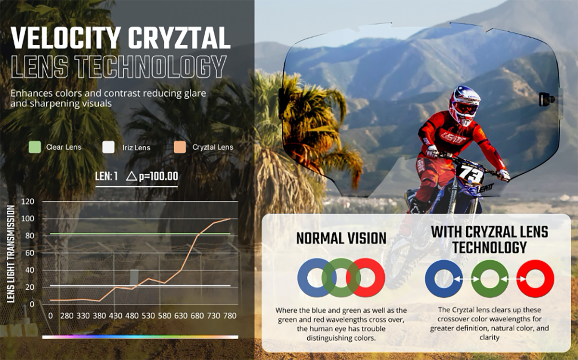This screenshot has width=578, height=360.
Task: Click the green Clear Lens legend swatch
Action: [x=35, y=147]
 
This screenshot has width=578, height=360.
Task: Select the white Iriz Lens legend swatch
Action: [x=108, y=147]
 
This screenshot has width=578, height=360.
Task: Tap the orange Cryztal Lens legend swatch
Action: [x=180, y=147]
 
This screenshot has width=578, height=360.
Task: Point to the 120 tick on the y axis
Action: [x=28, y=201]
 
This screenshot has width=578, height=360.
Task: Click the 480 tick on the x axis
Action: [x=132, y=316]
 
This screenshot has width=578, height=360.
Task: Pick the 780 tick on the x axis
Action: [x=230, y=316]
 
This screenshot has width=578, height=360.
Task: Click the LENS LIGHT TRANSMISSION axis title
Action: [x=11, y=254]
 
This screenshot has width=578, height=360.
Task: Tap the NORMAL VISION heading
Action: [x=342, y=238]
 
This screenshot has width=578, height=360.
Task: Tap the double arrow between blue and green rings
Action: [x=467, y=279]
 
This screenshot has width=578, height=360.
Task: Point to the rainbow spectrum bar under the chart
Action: [x=140, y=337]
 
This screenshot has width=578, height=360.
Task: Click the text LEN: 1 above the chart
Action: [x=106, y=176]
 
